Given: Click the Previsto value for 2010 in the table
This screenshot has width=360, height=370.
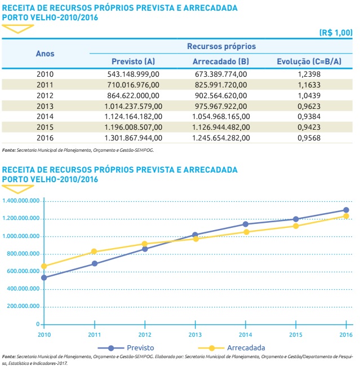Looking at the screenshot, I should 134,73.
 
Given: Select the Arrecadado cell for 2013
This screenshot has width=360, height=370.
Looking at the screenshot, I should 220,105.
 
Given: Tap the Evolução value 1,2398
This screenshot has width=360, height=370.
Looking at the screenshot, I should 309,73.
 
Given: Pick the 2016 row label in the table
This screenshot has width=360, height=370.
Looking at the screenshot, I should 45,137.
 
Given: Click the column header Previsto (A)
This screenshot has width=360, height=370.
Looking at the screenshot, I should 134,61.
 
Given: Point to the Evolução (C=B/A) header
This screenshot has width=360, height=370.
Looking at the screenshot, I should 309,61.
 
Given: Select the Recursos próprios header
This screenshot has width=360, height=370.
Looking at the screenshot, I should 221,46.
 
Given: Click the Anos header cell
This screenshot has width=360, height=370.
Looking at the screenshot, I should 45,54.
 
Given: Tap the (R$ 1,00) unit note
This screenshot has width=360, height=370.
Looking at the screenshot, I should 336,33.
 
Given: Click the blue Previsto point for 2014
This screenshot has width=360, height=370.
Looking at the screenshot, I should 245,224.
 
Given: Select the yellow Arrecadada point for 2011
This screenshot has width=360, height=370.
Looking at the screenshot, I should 95,252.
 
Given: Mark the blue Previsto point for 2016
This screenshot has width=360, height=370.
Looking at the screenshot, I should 346,210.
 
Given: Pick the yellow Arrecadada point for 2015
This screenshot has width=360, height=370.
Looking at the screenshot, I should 296,226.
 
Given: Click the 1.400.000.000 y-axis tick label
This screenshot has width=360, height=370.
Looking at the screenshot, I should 21,201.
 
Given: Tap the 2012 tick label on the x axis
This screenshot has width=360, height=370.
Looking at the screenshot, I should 145,334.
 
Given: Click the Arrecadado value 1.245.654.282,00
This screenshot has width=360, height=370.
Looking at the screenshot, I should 220,137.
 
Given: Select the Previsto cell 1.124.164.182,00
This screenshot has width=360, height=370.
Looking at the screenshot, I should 134,116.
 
